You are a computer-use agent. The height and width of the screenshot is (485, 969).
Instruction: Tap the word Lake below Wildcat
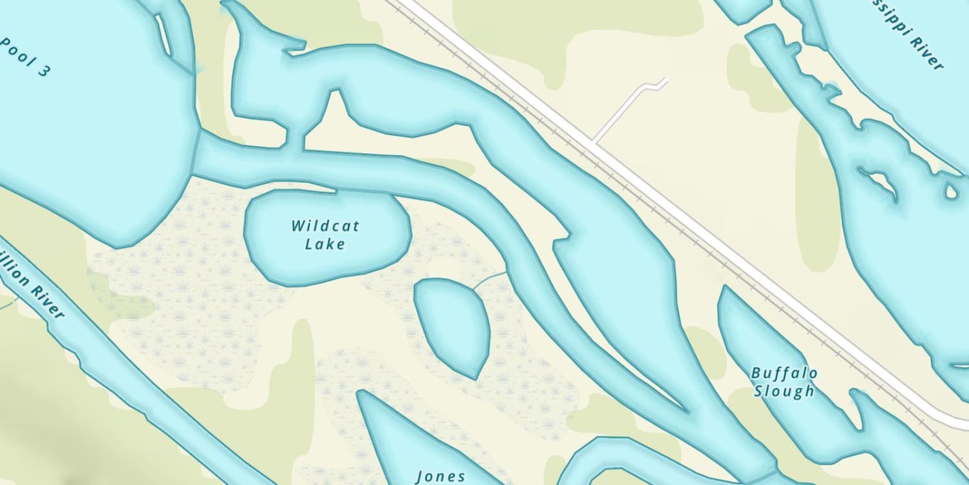tap(325, 244)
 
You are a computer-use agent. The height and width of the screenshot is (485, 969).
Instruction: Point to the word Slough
tap(784, 391)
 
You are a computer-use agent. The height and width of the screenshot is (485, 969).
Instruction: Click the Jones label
tap(441, 477)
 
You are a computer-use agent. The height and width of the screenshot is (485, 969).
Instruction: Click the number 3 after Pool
tap(42, 71)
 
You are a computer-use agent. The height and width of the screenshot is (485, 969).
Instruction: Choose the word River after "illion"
tap(48, 303)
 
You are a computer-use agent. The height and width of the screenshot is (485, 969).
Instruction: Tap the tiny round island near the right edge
tap(951, 191)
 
